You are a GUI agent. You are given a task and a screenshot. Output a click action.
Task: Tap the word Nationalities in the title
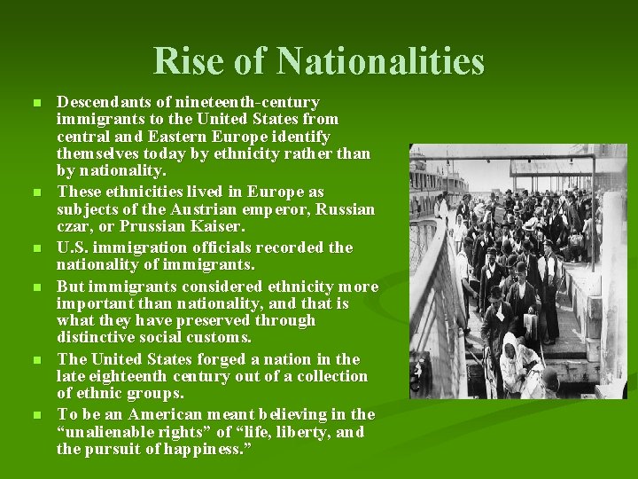click(380, 62)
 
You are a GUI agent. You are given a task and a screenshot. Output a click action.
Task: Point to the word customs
click(220, 337)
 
